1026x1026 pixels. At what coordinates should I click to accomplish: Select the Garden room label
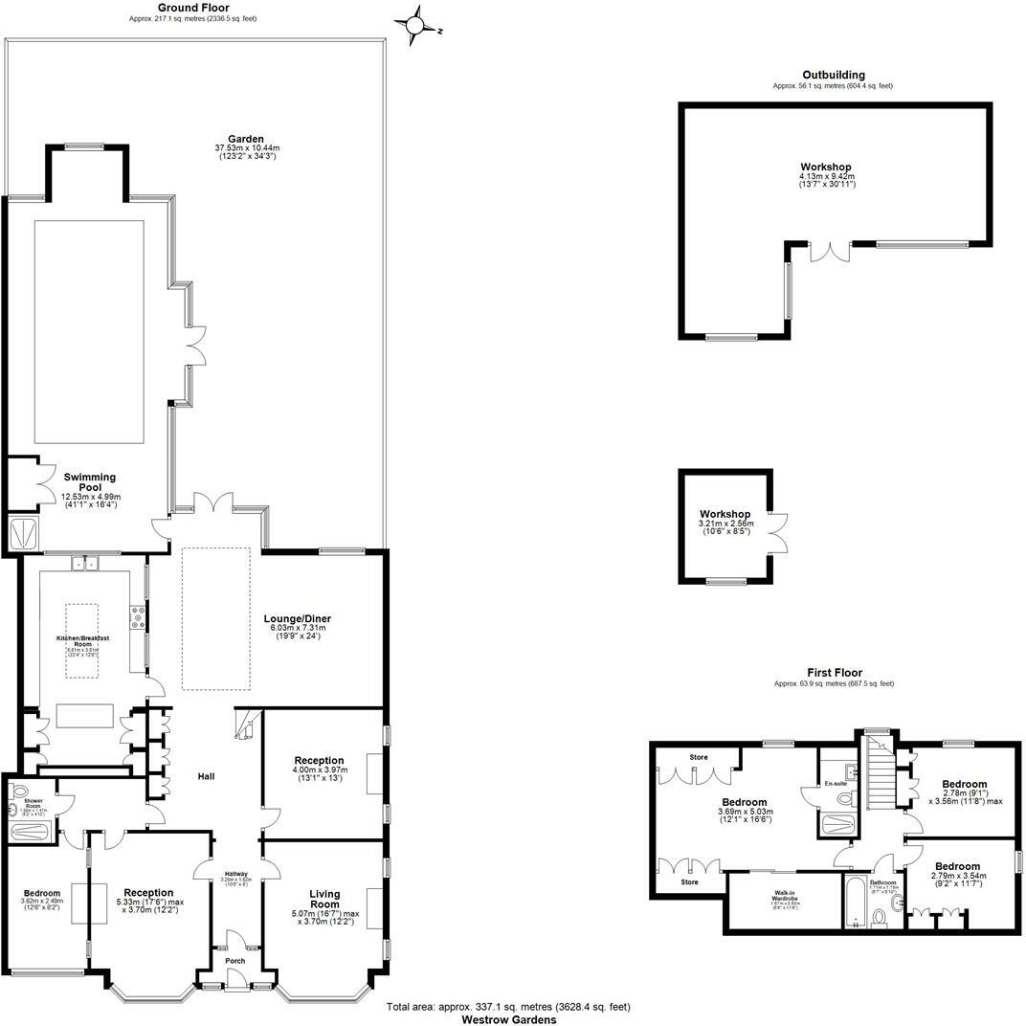[x=239, y=139]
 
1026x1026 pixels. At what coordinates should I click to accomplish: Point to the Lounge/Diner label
[x=298, y=618]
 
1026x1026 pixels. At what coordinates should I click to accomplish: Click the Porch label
[x=234, y=960]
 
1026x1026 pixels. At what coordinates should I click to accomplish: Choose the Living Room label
[x=324, y=900]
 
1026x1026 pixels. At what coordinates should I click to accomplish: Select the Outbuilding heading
[x=833, y=75]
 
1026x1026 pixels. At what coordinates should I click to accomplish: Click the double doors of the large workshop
[x=829, y=251]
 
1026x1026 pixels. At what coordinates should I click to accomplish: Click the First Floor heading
[x=833, y=673]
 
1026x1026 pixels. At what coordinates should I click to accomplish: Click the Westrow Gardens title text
[x=508, y=1019]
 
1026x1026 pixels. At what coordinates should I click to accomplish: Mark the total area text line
[x=508, y=1007]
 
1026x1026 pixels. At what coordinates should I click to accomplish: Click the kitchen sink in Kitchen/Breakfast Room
[x=83, y=563]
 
